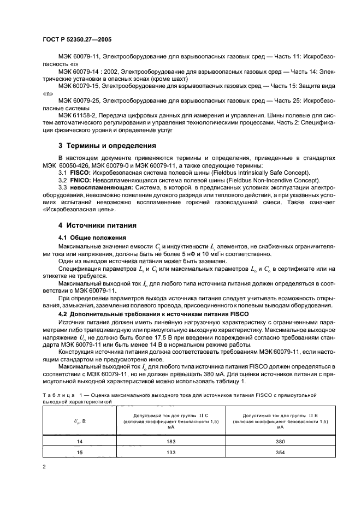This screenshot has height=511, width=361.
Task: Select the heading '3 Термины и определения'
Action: tap(107, 146)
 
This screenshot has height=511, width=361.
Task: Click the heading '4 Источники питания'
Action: tap(97, 225)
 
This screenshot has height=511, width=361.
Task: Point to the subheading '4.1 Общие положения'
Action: tap(92, 238)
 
